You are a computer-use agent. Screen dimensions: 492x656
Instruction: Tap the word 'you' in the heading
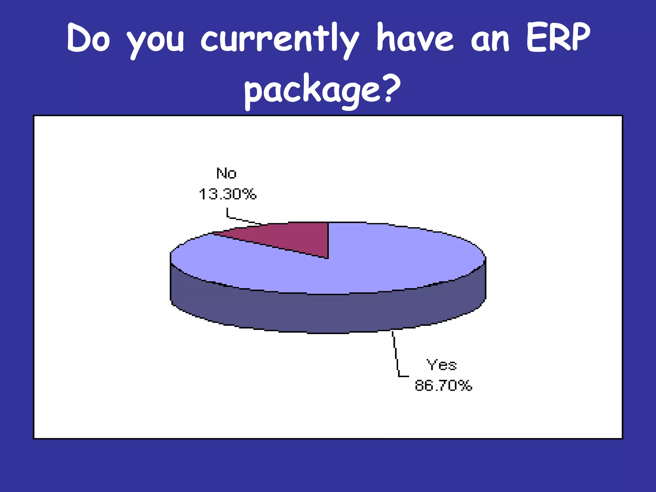pos(156,40)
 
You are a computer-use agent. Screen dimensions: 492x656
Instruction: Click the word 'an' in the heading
pos(490,40)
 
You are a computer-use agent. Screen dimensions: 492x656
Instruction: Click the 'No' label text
pos(226,174)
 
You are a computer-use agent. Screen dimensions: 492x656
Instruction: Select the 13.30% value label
pos(228,194)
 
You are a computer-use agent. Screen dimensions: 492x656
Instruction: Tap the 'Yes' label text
pos(441,365)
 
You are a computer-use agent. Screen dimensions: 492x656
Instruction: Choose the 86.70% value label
pos(443,385)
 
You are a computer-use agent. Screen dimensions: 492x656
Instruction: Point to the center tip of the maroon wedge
pos(327,257)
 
